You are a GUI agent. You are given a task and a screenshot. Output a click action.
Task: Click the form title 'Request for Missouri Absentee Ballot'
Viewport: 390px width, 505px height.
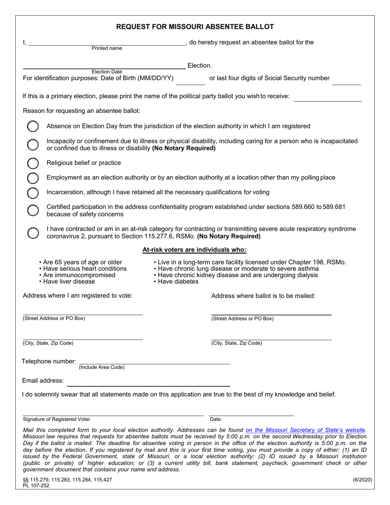coord(195,27)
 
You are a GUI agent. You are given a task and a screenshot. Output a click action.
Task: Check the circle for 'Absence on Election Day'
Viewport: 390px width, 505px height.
coord(33,126)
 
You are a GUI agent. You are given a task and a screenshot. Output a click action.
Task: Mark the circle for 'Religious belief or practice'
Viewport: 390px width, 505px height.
coord(33,163)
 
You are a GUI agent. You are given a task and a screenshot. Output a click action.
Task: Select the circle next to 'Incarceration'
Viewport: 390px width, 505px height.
coord(33,193)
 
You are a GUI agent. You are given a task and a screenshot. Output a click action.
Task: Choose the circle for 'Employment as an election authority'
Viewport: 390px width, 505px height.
coord(33,178)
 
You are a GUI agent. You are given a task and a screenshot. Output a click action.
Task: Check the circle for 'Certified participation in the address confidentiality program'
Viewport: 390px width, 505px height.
coord(33,210)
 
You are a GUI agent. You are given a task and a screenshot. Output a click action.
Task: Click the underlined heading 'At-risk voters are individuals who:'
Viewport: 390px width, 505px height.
coord(194,250)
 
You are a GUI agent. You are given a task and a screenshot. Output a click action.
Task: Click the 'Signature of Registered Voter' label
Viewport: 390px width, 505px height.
coord(57,419)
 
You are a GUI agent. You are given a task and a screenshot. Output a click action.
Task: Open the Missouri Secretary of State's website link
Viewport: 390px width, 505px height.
coord(305,430)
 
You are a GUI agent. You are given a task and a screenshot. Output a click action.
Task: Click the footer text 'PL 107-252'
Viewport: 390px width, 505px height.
coord(36,485)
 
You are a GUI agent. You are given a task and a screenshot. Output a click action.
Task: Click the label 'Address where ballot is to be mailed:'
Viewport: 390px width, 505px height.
coord(263,296)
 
